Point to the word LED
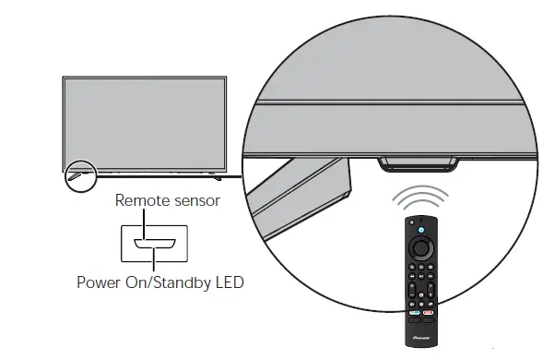coord(228,281)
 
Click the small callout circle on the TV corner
coord(78,173)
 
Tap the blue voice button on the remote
coord(419,229)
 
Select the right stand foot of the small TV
coord(211,173)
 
